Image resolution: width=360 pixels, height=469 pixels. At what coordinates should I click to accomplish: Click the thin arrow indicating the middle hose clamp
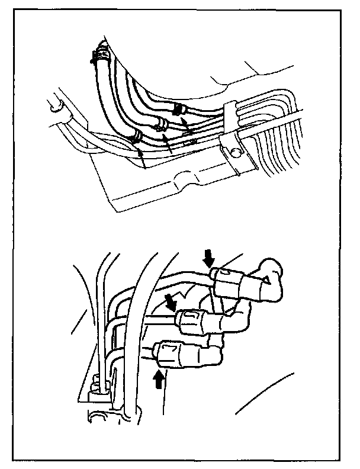[169, 142]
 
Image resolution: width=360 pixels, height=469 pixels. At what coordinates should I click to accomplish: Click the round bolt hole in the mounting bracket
[236, 152]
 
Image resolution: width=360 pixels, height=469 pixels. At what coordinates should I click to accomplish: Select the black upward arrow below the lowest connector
[159, 379]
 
